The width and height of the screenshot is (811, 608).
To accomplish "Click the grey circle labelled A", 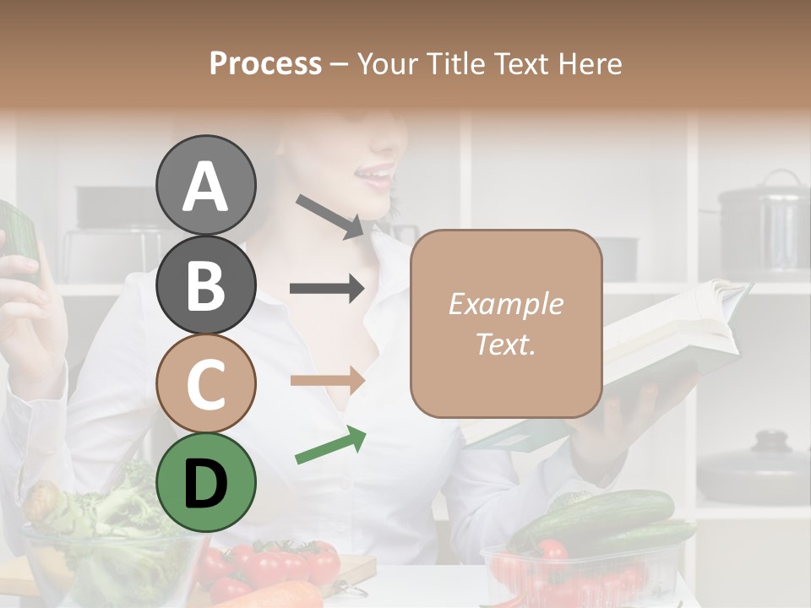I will click(x=205, y=185).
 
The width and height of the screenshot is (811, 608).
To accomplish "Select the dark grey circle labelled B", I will click(x=205, y=285).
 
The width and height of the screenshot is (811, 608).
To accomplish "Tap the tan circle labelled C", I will click(x=205, y=383).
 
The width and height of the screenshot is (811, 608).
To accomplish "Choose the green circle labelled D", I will click(x=205, y=482).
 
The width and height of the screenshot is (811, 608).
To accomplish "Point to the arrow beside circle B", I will click(x=327, y=289).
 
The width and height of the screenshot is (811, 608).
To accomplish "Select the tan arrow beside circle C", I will click(x=327, y=380).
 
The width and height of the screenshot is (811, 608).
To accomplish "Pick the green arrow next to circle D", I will click(x=330, y=446).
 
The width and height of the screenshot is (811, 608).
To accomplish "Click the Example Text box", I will click(x=506, y=323).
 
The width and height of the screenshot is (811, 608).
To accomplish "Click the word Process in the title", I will click(x=265, y=63).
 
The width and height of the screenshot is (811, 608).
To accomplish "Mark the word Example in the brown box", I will click(x=505, y=304).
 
